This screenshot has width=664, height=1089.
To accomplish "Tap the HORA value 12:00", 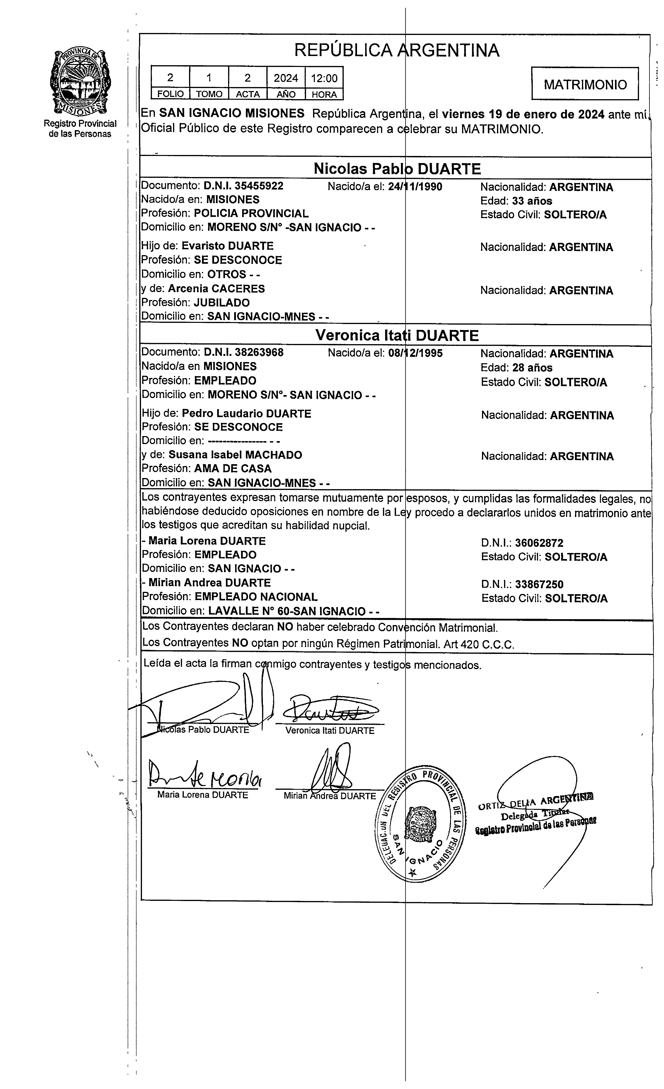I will [324, 78].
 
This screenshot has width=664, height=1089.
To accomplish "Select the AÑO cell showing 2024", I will [286, 78].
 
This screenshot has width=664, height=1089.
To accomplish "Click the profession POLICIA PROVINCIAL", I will [251, 214].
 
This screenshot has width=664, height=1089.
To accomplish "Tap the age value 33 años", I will [532, 201].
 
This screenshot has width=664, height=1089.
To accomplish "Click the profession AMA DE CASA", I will [233, 468].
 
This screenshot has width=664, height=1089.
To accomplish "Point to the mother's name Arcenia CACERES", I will [216, 289].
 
